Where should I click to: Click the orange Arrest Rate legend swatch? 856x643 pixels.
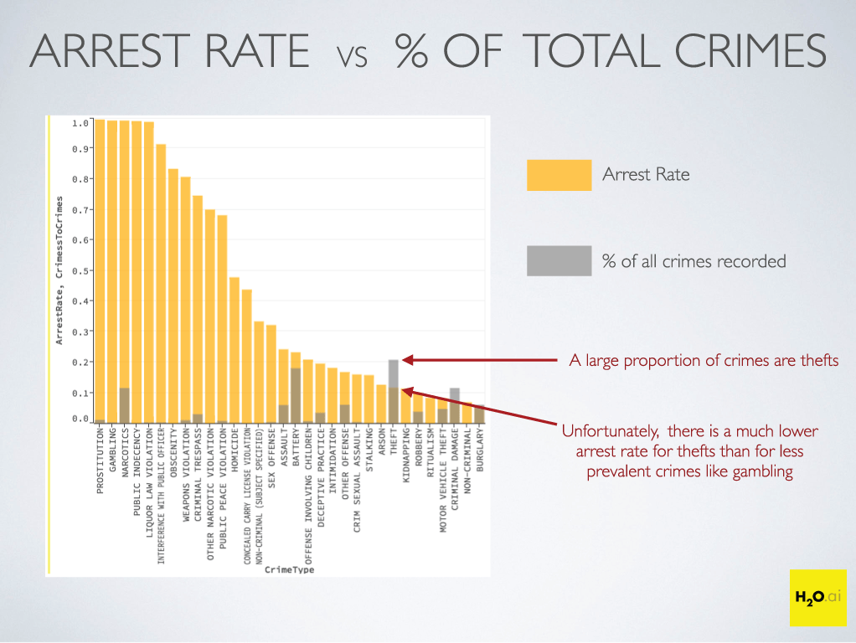559,175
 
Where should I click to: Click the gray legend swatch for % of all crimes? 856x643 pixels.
559,261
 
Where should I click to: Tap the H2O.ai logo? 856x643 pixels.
817,597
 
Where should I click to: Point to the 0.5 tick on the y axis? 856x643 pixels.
80,270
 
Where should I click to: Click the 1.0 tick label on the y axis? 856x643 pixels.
80,123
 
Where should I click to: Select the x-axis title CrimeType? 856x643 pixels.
289,569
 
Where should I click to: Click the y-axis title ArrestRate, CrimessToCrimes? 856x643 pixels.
59,270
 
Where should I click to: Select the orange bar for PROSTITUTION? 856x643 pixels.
100,268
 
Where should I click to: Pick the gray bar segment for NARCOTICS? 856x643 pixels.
124,405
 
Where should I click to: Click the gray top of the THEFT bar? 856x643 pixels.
394,373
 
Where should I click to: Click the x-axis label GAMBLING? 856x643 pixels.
112,453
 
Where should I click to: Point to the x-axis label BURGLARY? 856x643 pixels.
480,451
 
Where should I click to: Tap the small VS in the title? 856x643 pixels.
353,59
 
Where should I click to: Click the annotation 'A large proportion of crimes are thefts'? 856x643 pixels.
704,361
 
